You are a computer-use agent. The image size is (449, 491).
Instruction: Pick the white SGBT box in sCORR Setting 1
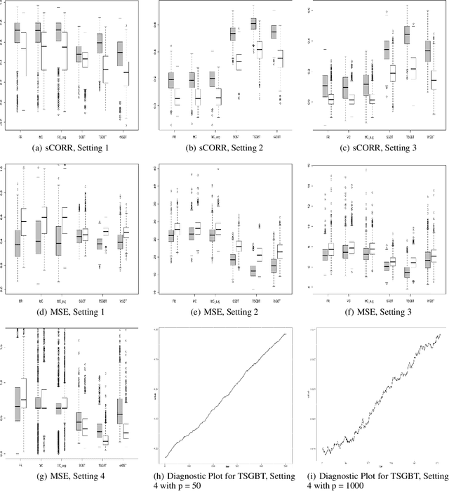point(85,59)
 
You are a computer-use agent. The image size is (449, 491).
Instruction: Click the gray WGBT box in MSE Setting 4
point(120,408)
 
